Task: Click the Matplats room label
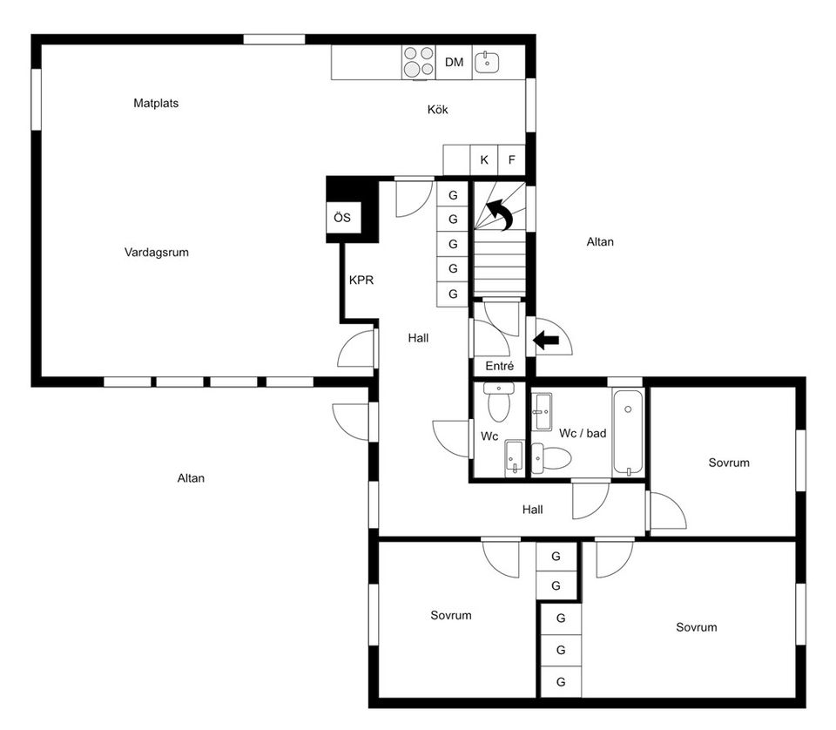156,103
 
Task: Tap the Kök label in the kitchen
437,110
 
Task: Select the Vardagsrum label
157,253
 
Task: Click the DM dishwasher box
454,62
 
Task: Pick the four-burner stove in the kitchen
418,62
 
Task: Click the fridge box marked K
484,160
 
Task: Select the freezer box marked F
512,160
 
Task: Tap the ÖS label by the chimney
342,218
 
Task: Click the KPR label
361,281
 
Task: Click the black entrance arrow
546,341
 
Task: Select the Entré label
499,367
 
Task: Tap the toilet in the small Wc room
499,404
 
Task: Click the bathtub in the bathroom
628,433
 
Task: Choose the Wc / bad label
582,433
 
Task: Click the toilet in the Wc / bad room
549,457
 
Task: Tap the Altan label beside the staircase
600,242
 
